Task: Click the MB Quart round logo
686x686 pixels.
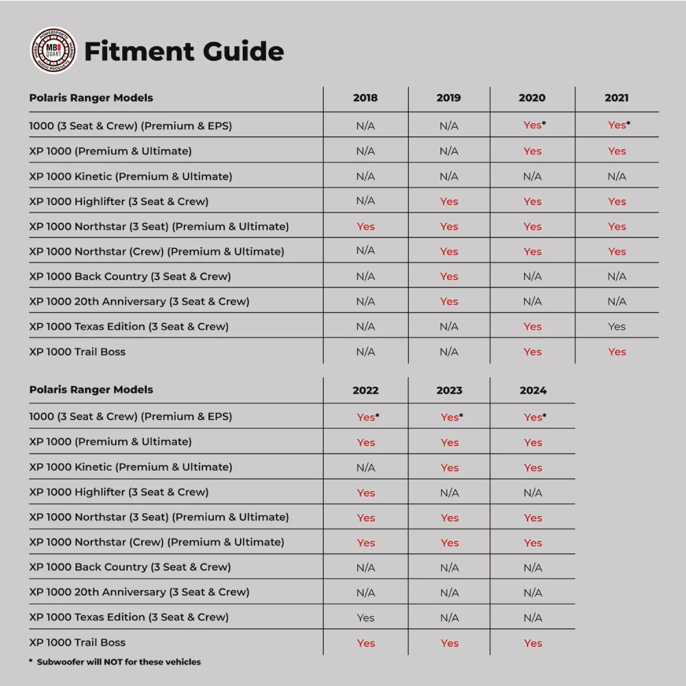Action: [54, 50]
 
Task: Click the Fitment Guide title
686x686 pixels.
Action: [184, 51]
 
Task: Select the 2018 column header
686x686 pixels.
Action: [365, 98]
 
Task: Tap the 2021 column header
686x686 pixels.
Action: [617, 98]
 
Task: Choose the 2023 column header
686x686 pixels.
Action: [449, 390]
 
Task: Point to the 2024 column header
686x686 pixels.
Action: [533, 390]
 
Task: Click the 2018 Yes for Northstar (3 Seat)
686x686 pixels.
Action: [366, 226]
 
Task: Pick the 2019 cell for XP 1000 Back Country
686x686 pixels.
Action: [449, 276]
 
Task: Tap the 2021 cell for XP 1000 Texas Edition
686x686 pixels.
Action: [617, 327]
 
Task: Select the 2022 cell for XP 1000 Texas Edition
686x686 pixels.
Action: [366, 617]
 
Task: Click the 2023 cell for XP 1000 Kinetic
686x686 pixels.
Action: [449, 468]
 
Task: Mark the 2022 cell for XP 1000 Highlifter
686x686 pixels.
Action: [366, 493]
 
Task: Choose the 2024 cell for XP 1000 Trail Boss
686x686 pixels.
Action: [533, 643]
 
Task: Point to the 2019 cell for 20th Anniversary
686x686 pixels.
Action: [449, 302]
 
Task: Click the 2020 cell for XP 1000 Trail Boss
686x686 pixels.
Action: [533, 352]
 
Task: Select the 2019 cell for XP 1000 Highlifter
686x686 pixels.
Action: [449, 202]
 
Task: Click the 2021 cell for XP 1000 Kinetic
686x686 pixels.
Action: [617, 176]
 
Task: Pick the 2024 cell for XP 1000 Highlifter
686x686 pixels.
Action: [533, 493]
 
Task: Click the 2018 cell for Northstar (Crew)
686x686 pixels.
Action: [366, 251]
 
